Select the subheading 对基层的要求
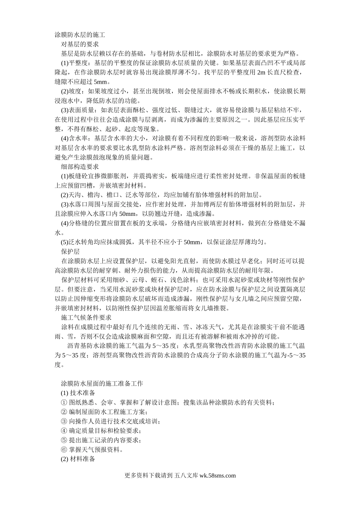[x=80, y=44]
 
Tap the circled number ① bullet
[x=63, y=402]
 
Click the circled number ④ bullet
[x=63, y=431]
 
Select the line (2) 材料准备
[x=78, y=459]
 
